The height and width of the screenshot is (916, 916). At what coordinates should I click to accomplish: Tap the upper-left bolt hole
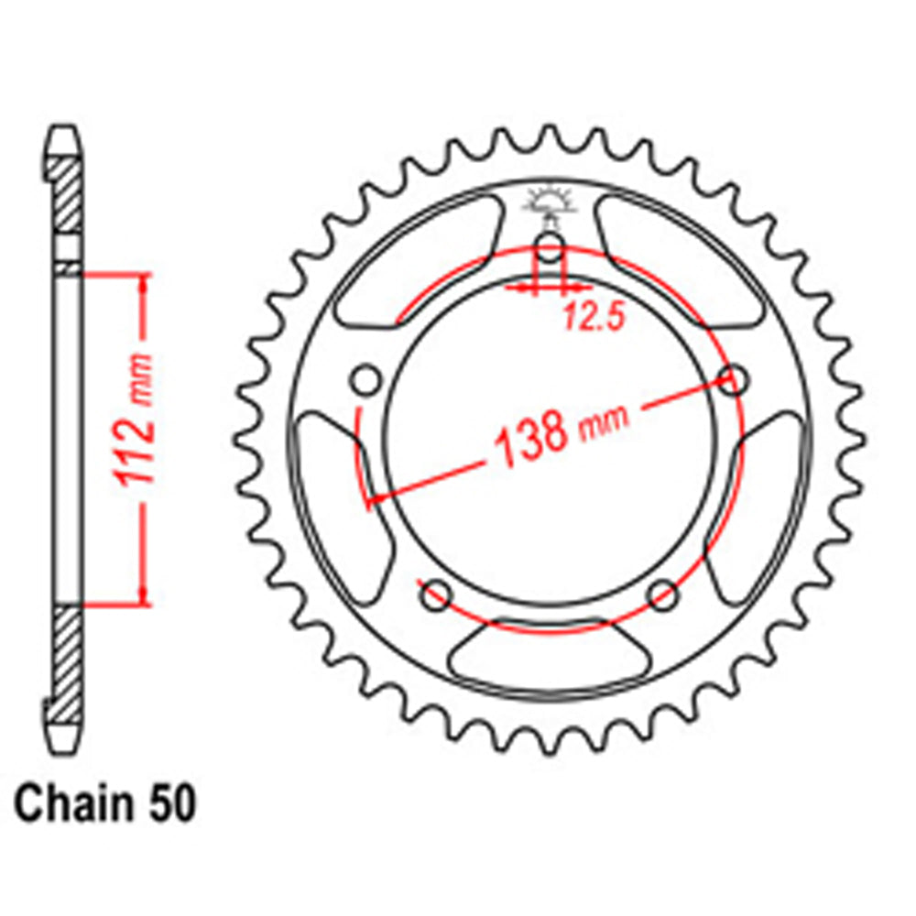pos(365,379)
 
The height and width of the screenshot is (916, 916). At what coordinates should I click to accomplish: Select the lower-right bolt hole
pos(661,594)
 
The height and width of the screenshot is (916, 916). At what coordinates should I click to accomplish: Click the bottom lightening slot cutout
pos(548,656)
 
